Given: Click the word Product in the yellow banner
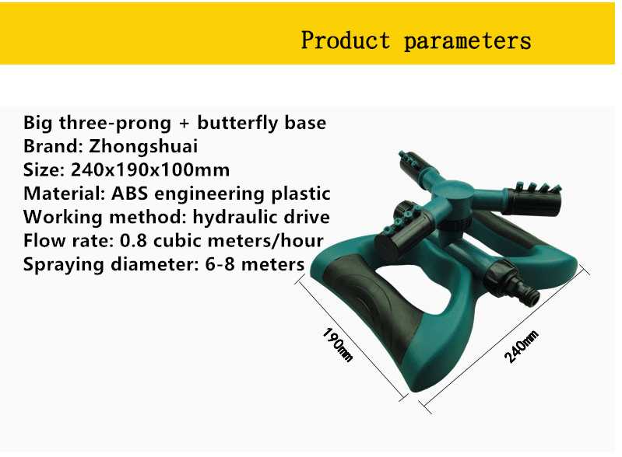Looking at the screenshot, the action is [x=346, y=40].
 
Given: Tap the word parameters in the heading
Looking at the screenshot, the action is [x=467, y=41].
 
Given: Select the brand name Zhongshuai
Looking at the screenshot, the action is [x=143, y=146].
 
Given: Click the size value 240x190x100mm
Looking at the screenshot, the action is [x=150, y=169].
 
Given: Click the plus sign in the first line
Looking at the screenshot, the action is [x=184, y=123].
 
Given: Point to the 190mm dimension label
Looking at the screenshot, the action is [x=337, y=345].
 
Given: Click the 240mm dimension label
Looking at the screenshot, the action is [x=522, y=347].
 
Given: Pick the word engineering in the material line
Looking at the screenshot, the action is [x=210, y=194].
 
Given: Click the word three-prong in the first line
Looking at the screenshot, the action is [x=115, y=123].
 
